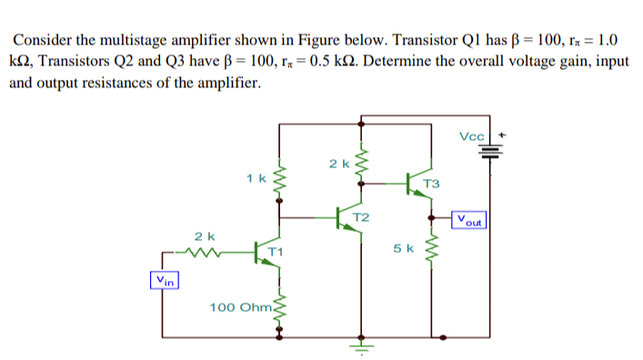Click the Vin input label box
point(165,280)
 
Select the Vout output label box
point(471,219)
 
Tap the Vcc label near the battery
point(473,136)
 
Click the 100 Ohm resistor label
point(238,309)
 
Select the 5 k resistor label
point(404,247)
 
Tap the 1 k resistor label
point(256,178)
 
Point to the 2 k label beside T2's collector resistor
point(338,164)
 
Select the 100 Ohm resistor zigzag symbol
point(279,307)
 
